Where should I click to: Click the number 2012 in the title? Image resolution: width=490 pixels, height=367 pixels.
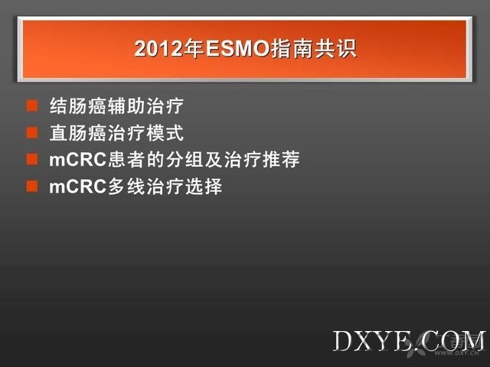pyautogui.click(x=158, y=49)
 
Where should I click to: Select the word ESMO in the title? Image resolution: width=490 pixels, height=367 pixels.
pyautogui.click(x=238, y=49)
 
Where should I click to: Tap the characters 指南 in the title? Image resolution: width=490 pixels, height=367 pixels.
pyautogui.click(x=291, y=49)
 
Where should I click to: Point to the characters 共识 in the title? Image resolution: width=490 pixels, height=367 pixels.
pyautogui.click(x=335, y=49)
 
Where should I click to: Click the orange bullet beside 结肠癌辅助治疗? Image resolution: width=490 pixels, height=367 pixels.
pyautogui.click(x=32, y=106)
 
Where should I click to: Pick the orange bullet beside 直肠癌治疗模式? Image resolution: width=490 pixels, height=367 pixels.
pyautogui.click(x=32, y=132)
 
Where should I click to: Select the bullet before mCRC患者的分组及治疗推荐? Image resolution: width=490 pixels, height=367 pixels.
pyautogui.click(x=32, y=159)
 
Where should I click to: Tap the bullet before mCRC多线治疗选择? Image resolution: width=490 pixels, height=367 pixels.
pyautogui.click(x=32, y=186)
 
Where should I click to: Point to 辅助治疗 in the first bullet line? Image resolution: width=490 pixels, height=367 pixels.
pyautogui.click(x=145, y=106)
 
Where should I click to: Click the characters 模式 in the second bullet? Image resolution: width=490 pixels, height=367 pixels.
pyautogui.click(x=165, y=132)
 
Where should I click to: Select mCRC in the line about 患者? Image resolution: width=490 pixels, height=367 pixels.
pyautogui.click(x=78, y=160)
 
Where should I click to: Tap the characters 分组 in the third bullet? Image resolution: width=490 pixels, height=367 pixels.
pyautogui.click(x=185, y=160)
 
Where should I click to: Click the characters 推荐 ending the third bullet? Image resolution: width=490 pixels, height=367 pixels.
pyautogui.click(x=281, y=160)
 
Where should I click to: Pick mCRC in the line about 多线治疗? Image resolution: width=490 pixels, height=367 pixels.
pyautogui.click(x=78, y=187)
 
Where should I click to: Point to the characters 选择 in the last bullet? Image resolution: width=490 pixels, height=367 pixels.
pyautogui.click(x=204, y=187)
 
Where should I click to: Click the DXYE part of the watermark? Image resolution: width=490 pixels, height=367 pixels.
pyautogui.click(x=372, y=340)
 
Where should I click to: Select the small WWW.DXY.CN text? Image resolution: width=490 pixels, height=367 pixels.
pyautogui.click(x=456, y=353)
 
